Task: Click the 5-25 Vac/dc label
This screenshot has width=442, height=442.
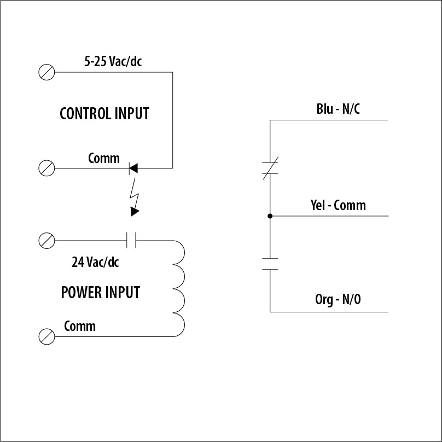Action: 113,62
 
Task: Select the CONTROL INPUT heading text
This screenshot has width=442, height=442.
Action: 104,114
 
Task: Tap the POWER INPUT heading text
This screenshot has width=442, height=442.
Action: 100,293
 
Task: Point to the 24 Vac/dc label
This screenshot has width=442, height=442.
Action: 95,262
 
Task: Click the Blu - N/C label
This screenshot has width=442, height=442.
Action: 338,109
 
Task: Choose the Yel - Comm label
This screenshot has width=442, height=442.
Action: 338,206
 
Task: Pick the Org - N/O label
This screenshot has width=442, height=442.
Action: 338,300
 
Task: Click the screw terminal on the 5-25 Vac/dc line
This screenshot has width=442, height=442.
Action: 47,72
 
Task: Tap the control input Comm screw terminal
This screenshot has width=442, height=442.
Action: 47,168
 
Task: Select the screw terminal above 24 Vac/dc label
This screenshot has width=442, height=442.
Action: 47,240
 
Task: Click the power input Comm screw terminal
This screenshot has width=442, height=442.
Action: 47,336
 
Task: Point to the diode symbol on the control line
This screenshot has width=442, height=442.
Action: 132,168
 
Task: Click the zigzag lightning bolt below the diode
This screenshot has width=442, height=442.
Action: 133,190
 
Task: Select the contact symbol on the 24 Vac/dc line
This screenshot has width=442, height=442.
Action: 131,240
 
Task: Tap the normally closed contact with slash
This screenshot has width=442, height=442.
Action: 270,168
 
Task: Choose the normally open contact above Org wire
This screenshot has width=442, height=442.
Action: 270,264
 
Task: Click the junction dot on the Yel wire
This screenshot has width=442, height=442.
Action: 270,216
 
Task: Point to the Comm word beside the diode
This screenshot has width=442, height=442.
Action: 103,159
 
